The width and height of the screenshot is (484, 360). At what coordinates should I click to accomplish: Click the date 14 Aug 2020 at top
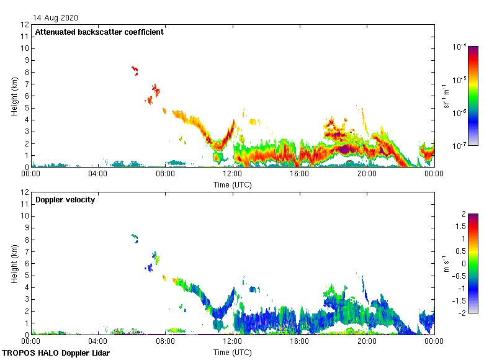point(55,18)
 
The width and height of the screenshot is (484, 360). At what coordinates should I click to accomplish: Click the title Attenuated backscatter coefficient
point(99,32)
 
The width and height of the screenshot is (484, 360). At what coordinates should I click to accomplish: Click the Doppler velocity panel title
point(65,200)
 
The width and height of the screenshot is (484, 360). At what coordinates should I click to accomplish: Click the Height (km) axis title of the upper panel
point(14,96)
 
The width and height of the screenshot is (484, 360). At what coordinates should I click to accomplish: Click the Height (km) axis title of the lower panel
point(14,263)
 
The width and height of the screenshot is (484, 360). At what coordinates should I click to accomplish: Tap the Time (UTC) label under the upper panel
point(232,184)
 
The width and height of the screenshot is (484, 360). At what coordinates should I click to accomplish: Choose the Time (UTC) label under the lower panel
point(232,352)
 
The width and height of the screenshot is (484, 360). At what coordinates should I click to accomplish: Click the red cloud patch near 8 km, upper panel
point(135,70)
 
